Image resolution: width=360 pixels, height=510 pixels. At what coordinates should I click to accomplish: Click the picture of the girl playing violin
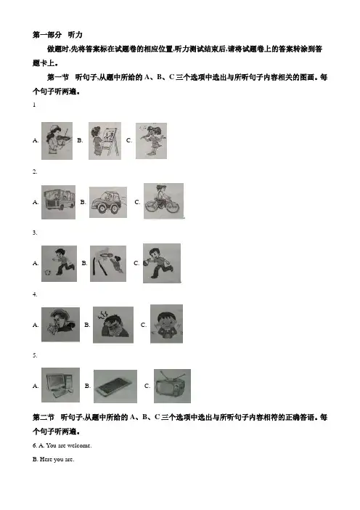57,141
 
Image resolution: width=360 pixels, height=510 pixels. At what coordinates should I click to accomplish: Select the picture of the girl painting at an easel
105,141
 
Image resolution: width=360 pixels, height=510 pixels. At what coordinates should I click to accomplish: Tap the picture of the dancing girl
151,141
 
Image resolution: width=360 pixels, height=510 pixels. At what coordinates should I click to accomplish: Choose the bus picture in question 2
59,202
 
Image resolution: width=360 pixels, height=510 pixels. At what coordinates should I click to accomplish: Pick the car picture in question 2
108,202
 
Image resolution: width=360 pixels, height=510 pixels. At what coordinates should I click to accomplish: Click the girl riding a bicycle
164,201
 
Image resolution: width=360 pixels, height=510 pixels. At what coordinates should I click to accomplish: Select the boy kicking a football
59,264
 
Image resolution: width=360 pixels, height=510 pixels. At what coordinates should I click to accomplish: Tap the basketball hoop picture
108,264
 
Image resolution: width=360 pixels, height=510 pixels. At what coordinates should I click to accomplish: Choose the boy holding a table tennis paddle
162,263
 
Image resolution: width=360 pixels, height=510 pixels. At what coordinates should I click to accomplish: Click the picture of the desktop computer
60,385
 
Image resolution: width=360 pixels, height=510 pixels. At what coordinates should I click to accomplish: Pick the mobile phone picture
115,386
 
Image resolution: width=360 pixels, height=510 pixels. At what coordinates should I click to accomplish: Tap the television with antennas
172,386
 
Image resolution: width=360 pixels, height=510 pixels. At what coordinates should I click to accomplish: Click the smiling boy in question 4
166,324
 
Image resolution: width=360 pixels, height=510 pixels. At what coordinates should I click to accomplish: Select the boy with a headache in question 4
113,325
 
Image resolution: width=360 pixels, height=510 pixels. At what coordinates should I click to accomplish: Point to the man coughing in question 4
60,325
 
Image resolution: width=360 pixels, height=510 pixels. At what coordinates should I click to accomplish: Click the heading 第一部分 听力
57,35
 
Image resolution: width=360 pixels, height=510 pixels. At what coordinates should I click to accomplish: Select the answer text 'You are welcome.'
69,445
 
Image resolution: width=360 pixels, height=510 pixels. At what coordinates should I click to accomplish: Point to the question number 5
35,355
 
